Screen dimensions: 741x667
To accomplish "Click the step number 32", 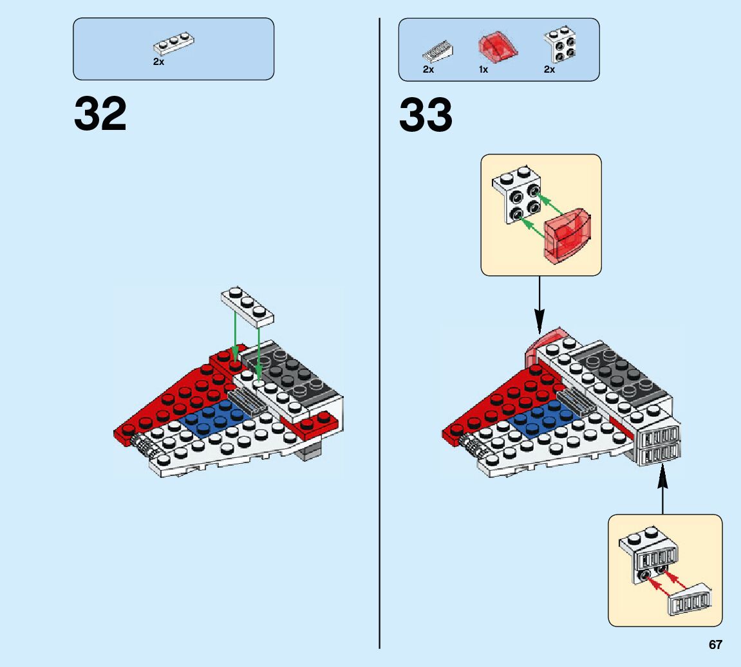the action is click(100, 114).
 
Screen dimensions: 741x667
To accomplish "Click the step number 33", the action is click(426, 114).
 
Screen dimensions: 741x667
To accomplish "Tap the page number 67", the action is click(715, 645).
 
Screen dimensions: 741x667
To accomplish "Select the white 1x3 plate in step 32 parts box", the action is click(174, 44).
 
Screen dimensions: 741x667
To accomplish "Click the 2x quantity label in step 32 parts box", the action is click(158, 62).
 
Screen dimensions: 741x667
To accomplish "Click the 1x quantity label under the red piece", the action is click(483, 69).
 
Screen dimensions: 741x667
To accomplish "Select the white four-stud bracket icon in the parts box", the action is click(559, 46).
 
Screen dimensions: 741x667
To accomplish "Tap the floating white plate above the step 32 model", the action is click(247, 305).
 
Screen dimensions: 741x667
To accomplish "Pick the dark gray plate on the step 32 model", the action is click(293, 374).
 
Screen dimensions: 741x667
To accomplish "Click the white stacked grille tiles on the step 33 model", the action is click(657, 445).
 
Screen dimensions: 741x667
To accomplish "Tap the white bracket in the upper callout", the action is click(516, 193).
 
